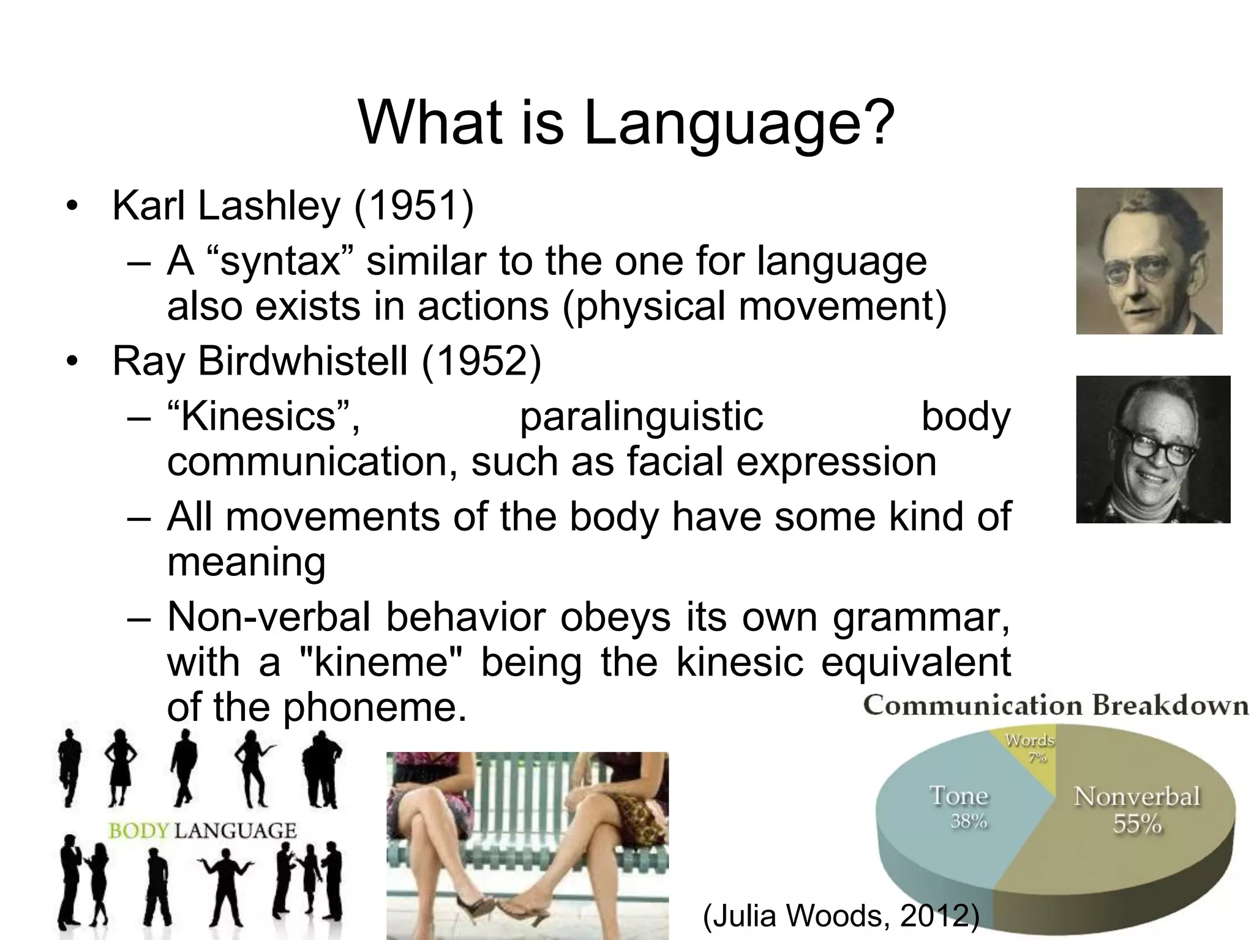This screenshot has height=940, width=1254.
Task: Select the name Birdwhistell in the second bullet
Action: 302,362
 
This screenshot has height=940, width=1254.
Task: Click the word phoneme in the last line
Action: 370,708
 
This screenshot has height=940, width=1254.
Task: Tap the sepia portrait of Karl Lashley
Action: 1149,261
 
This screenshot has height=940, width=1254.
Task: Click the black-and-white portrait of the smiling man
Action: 1152,449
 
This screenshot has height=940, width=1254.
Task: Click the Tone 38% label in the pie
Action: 959,807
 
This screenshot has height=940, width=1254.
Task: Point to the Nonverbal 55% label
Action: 1136,809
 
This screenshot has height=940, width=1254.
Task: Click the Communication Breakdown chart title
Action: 1055,706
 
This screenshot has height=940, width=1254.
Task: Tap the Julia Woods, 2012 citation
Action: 841,917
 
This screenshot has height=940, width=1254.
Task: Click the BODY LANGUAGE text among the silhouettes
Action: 202,831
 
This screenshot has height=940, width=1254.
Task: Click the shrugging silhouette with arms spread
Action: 227,881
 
